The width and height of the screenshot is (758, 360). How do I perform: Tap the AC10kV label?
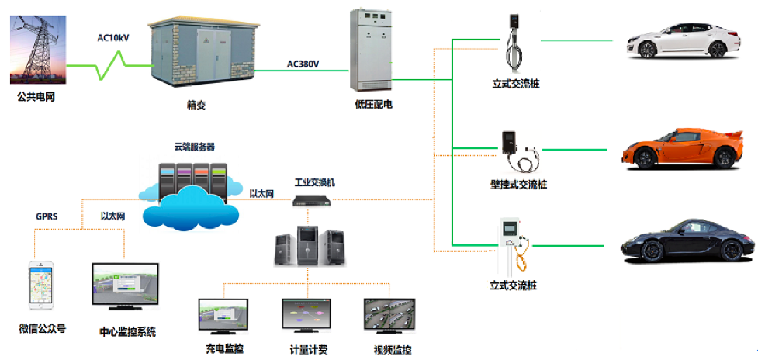(x=114, y=36)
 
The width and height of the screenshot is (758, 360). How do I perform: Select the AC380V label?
(x=305, y=64)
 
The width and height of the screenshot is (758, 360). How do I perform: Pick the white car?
(x=675, y=41)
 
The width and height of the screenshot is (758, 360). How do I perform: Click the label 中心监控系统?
(x=127, y=332)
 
